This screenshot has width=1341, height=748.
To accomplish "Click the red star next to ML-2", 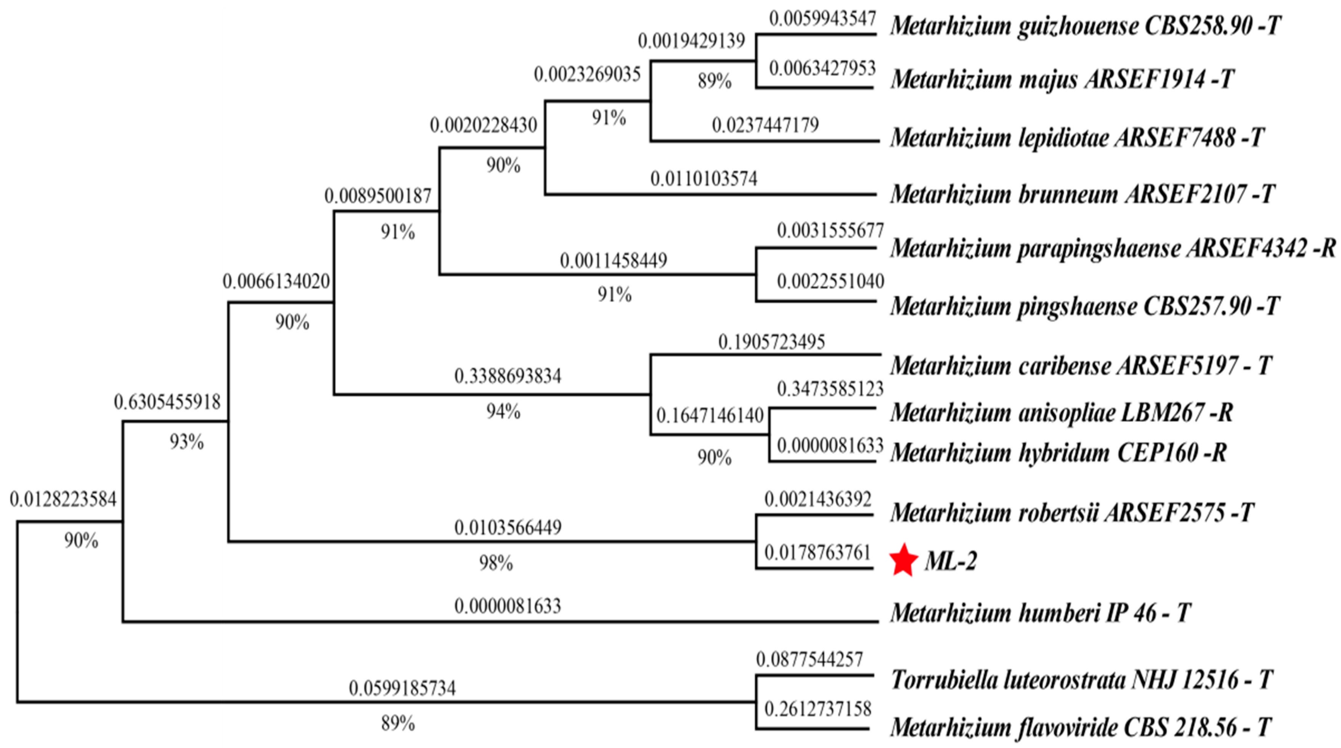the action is [x=904, y=561].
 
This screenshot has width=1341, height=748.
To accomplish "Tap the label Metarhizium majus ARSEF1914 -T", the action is [x=1062, y=79].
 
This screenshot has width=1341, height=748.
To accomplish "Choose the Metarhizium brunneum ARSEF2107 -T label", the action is [x=1082, y=194].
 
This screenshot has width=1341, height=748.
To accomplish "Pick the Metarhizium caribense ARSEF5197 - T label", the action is [x=1081, y=366].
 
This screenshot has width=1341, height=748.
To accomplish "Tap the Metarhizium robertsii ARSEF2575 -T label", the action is [x=1072, y=513].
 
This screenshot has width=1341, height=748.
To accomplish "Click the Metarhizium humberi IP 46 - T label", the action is [x=1040, y=613].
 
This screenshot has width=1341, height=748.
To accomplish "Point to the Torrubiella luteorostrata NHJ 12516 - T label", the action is [x=1082, y=680].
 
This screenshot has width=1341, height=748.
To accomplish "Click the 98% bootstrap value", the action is [x=496, y=563].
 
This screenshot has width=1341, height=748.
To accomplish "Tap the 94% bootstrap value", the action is [x=503, y=411].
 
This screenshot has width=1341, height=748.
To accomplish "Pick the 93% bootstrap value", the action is [x=186, y=442].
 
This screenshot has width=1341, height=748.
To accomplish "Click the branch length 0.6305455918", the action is [x=167, y=402].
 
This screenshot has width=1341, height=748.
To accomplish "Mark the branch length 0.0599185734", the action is [x=402, y=688].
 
